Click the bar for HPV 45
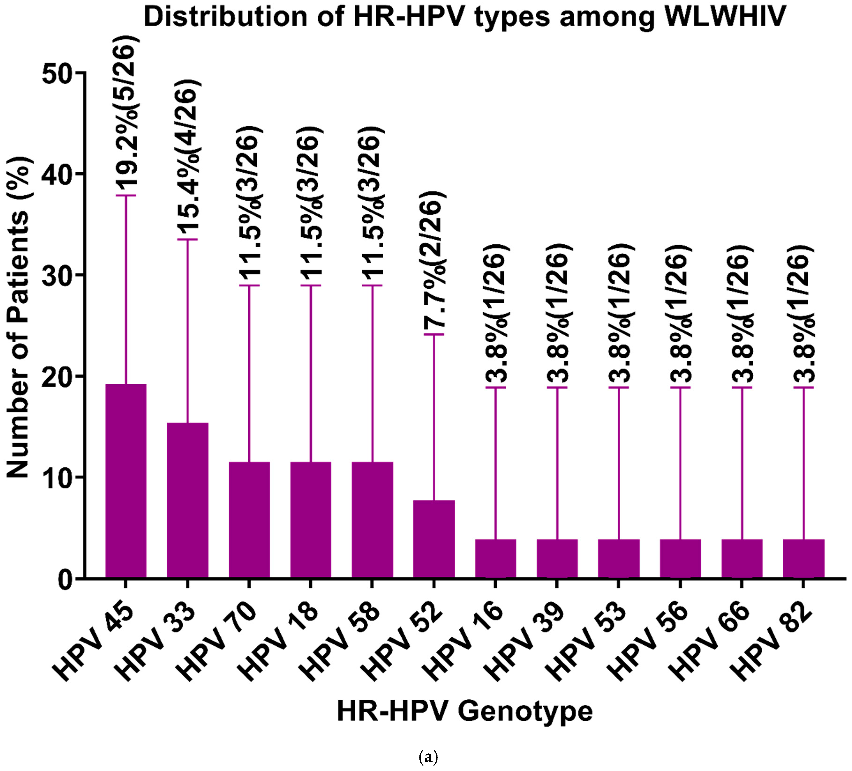126,481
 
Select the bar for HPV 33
188,500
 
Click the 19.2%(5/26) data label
126,112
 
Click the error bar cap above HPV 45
126,195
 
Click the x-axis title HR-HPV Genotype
465,712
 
